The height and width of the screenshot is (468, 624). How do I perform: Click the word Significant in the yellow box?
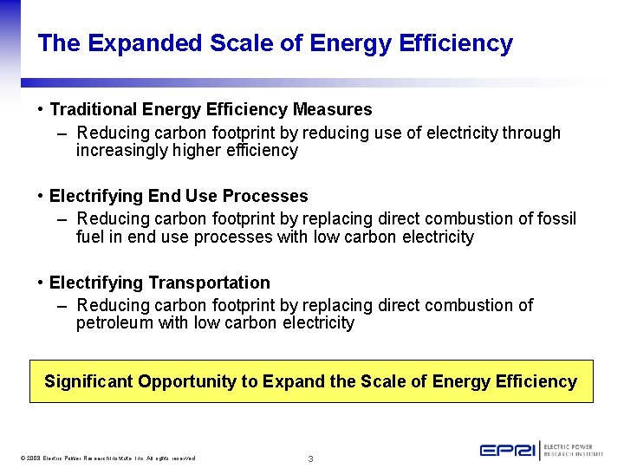pos(88,382)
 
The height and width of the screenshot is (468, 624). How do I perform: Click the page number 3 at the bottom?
pos(311,458)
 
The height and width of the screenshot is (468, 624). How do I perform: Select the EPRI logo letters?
pos(508,451)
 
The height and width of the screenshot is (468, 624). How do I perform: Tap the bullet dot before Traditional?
pos(42,110)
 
